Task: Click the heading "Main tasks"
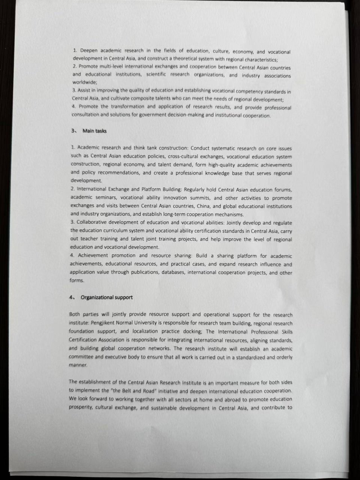94,131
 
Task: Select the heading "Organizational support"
106,297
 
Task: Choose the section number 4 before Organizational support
70,297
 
